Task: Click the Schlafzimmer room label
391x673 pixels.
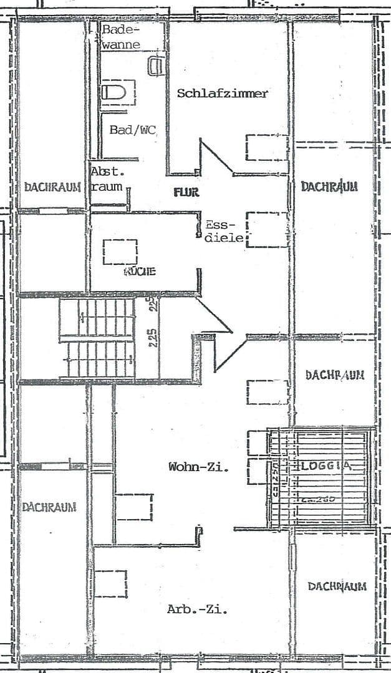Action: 223,93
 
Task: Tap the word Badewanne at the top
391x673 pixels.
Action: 122,37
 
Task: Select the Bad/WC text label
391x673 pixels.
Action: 132,130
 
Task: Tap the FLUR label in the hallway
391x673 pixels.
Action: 186,193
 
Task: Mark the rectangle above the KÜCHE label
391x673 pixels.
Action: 120,252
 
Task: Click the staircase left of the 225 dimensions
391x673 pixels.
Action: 97,338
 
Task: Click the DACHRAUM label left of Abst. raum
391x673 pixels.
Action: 53,187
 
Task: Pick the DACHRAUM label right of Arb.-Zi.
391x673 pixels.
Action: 337,586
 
